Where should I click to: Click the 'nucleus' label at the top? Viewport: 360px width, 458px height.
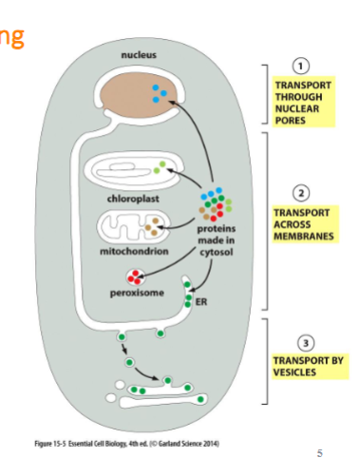(x=140, y=55)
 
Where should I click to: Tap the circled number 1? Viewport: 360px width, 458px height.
(x=301, y=66)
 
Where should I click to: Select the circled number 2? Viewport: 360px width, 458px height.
(x=301, y=191)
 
